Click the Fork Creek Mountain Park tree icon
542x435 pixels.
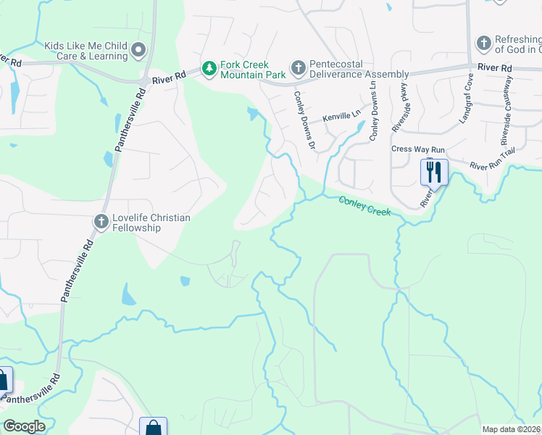(x=209, y=69)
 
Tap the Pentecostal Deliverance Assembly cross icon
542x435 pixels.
(x=298, y=69)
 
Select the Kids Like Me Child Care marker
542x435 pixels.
(x=138, y=50)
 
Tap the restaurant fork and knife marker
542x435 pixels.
(x=434, y=173)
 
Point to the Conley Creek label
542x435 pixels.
(x=365, y=207)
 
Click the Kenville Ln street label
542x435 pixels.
(x=341, y=115)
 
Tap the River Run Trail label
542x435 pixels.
(x=493, y=166)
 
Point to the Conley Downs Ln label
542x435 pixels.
(x=374, y=109)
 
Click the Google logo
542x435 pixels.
(x=24, y=426)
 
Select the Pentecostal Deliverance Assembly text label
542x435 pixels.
(x=359, y=69)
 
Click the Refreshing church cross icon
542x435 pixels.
(x=483, y=43)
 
